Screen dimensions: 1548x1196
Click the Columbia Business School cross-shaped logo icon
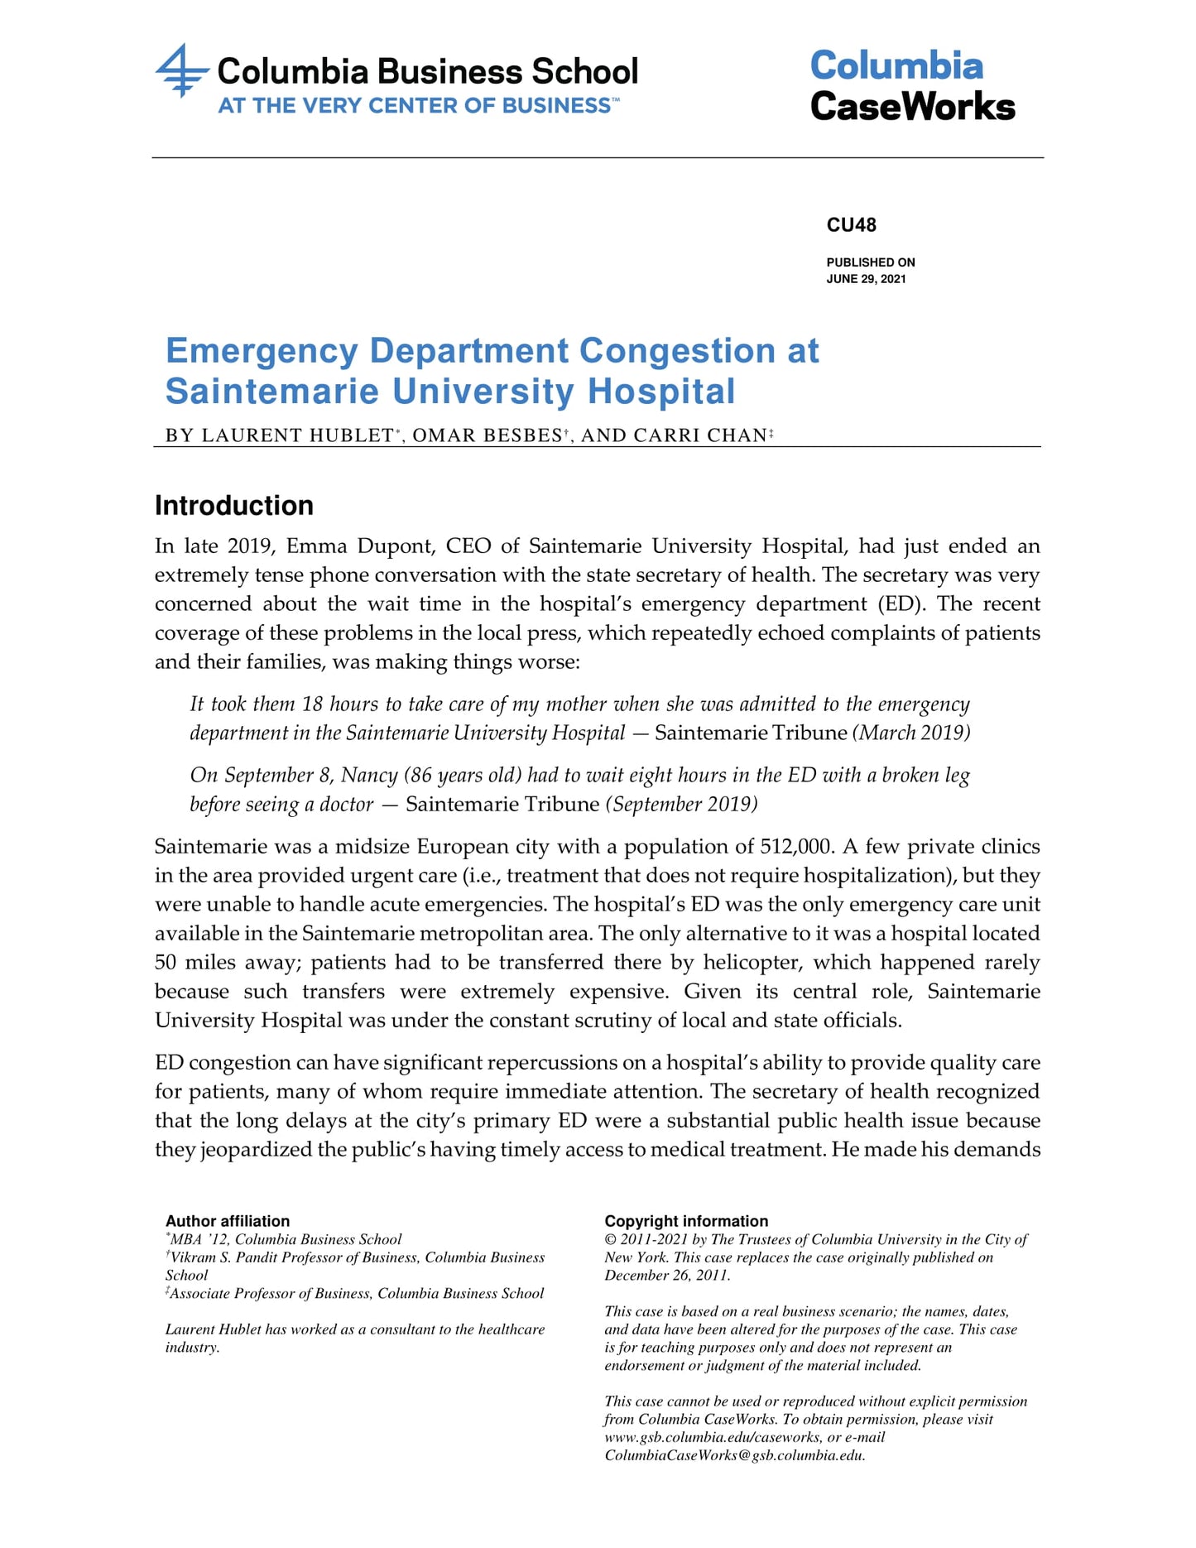pos(180,71)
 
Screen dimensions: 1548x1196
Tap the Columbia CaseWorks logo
pos(912,86)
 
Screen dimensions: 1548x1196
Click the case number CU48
pos(851,225)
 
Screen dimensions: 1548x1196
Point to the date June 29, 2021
pos(866,279)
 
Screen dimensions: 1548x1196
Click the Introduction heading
pos(234,506)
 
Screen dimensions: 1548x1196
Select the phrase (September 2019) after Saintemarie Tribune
pos(681,804)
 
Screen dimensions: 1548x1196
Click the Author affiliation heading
pos(228,1221)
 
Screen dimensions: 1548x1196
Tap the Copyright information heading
pos(686,1221)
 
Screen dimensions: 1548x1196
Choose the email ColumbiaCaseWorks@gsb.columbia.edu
pos(734,1456)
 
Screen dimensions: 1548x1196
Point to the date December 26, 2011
pos(666,1276)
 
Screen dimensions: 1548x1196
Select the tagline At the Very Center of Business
pos(417,106)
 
